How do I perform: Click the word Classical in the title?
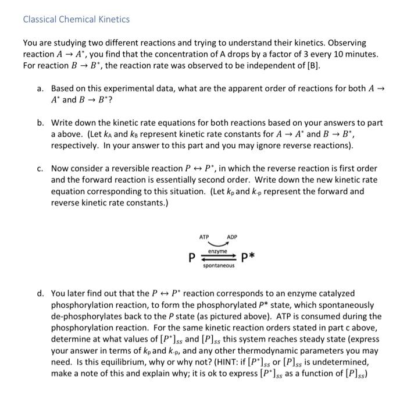[40, 19]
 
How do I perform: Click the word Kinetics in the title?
[113, 19]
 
